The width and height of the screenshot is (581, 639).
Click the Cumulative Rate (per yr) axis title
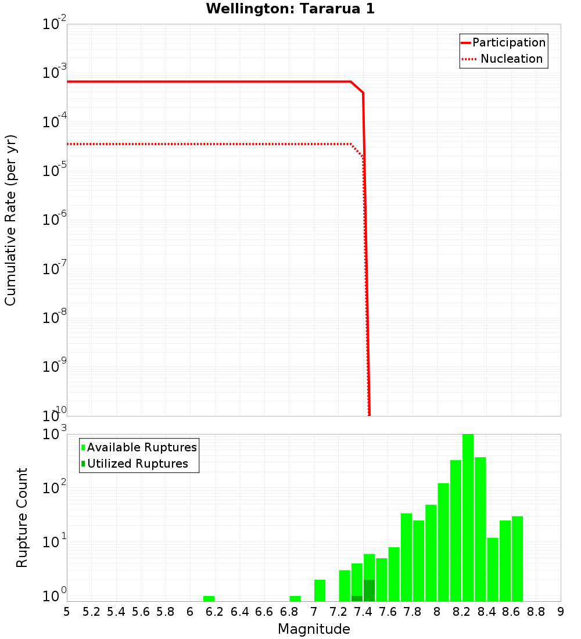10,220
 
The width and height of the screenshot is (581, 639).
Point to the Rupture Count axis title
22,518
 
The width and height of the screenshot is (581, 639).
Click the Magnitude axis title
314,629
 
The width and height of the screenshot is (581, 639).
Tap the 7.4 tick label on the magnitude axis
363,612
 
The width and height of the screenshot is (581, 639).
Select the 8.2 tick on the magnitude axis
462,612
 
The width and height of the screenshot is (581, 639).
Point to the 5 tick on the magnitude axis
67,612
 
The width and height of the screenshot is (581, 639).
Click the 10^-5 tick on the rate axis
55,171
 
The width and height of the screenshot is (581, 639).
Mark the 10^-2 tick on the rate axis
55,24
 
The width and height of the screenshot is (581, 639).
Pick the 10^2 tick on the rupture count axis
55,487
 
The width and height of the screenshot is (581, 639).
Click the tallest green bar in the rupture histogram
468,517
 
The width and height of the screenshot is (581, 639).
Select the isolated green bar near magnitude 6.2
209,598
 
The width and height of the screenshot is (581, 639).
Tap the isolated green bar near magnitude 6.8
295,598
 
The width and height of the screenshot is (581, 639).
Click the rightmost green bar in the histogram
517,558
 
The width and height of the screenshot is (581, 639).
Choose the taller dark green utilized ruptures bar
370,590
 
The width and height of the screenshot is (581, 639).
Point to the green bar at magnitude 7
320,590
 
